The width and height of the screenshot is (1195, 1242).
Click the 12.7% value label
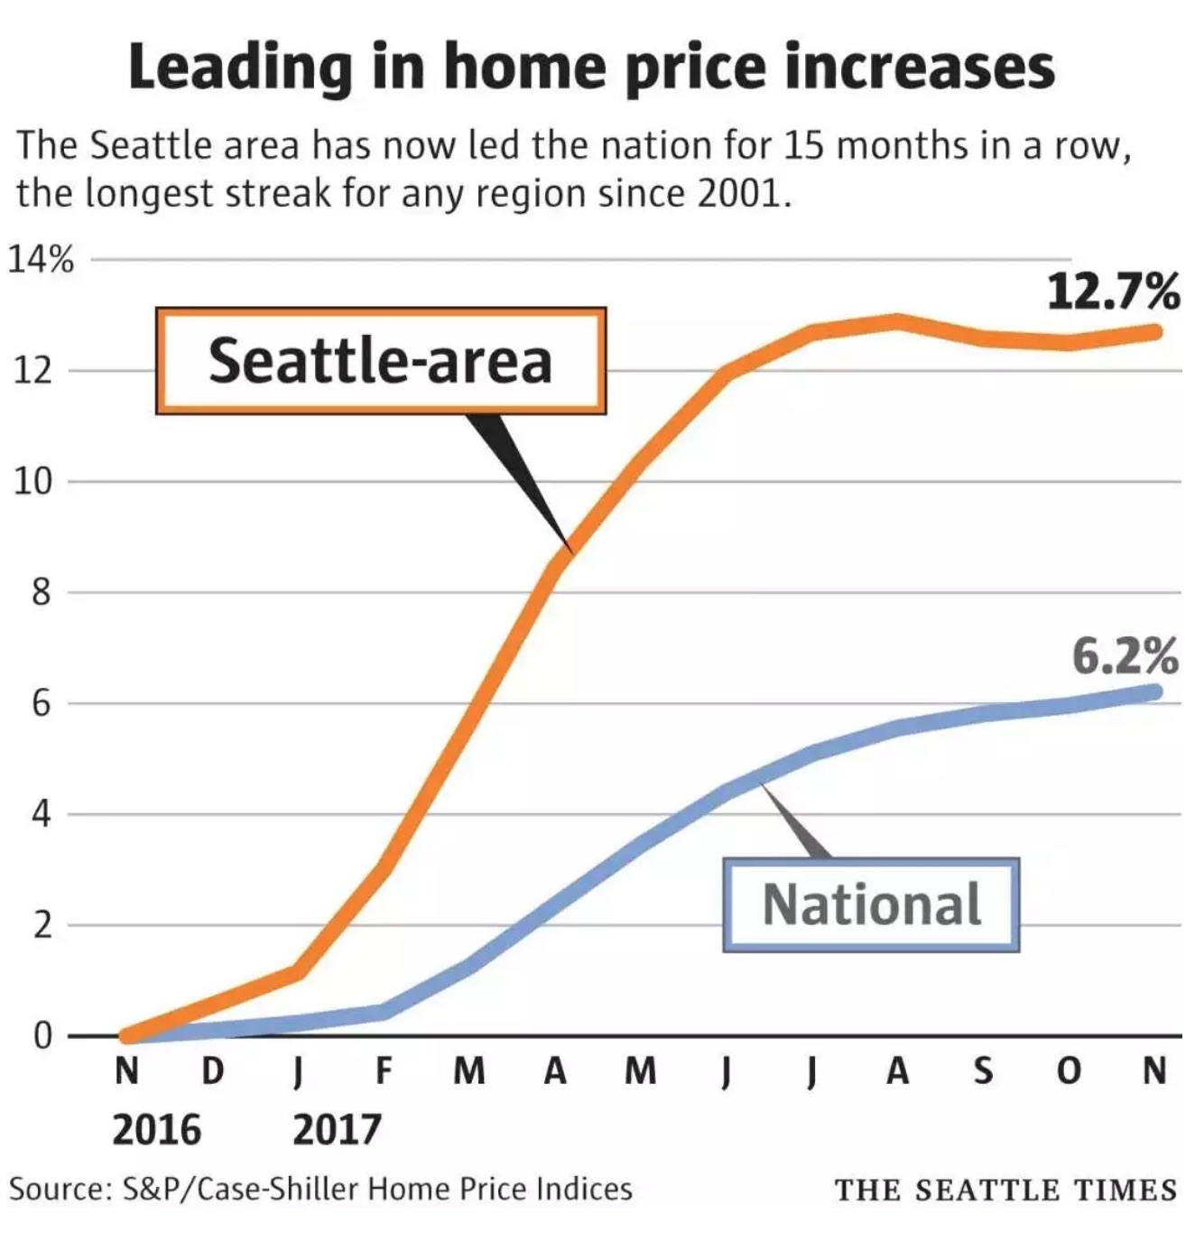(x=1112, y=292)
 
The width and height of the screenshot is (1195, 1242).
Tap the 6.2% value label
(x=1125, y=656)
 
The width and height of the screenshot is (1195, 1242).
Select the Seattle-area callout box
(x=380, y=361)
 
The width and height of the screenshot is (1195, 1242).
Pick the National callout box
(x=871, y=904)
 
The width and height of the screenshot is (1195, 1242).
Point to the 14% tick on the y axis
(x=42, y=260)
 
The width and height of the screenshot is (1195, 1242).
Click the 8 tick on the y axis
(x=42, y=593)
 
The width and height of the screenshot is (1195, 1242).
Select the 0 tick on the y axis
(x=42, y=1035)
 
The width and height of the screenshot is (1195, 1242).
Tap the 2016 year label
(x=156, y=1129)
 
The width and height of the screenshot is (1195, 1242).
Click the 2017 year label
(x=337, y=1129)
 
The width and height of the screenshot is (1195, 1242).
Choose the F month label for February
(x=384, y=1071)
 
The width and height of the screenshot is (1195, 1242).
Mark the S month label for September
(x=983, y=1071)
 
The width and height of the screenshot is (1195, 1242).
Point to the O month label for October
(x=1069, y=1071)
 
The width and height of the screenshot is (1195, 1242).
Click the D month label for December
(x=212, y=1071)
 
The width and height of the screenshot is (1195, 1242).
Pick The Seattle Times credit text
(x=1005, y=1190)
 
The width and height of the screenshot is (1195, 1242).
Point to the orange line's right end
(x=1154, y=332)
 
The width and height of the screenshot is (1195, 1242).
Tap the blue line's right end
(x=1154, y=692)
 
